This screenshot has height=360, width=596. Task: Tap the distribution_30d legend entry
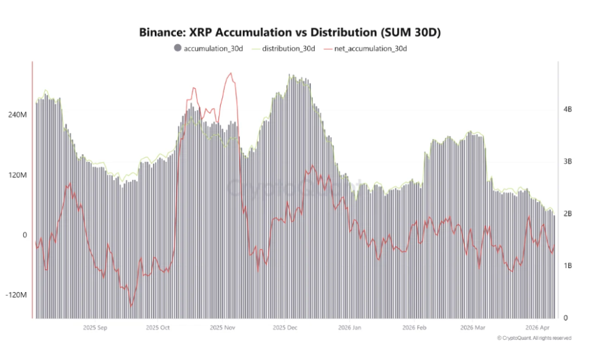pos(288,49)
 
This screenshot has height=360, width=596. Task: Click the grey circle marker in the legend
pos(178,49)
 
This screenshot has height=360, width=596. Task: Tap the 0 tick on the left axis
pos(24,235)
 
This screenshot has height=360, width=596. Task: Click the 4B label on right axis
pos(567,110)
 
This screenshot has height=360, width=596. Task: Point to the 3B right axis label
pos(567,162)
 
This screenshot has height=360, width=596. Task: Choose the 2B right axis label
pos(567,214)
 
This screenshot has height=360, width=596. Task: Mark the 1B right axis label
pos(567,266)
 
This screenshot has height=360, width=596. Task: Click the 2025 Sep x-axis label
pos(95,328)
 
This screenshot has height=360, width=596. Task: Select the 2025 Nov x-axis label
pos(223,328)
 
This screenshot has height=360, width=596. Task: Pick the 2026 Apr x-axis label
pos(538,328)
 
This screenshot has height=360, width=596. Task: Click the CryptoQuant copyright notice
pos(534,338)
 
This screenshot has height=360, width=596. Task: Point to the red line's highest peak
pos(230,73)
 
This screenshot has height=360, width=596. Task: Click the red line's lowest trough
pos(132,306)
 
